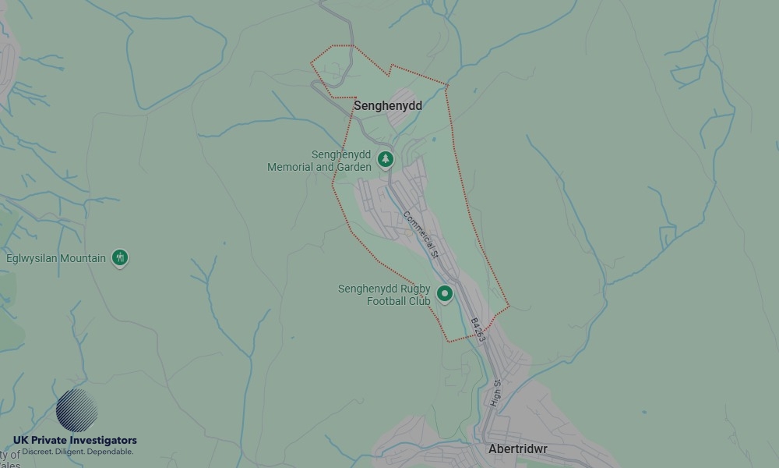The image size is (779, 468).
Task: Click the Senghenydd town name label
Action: pyautogui.click(x=388, y=105)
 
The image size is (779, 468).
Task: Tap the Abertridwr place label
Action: pyautogui.click(x=517, y=449)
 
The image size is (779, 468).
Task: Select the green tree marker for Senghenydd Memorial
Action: pyautogui.click(x=385, y=160)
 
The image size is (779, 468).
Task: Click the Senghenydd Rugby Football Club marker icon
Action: pyautogui.click(x=445, y=294)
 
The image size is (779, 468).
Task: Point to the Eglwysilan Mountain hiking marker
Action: pyautogui.click(x=119, y=257)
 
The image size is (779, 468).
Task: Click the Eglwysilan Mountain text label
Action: pyautogui.click(x=56, y=258)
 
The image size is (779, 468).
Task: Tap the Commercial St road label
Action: pyautogui.click(x=421, y=234)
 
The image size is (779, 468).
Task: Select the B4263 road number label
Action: pyautogui.click(x=478, y=330)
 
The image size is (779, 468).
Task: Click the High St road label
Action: pyautogui.click(x=496, y=394)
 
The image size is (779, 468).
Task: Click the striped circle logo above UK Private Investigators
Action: pyautogui.click(x=76, y=410)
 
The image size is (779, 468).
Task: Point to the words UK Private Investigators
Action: pyautogui.click(x=75, y=441)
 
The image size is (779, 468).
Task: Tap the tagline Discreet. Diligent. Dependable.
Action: pyautogui.click(x=77, y=452)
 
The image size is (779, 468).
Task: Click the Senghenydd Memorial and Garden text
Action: pyautogui.click(x=319, y=161)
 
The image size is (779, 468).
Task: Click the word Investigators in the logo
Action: pyautogui.click(x=104, y=441)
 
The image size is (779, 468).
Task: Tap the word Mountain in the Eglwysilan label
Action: pyautogui.click(x=83, y=258)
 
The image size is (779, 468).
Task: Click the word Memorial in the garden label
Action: pyautogui.click(x=291, y=167)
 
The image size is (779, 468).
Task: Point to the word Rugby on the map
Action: pyautogui.click(x=416, y=289)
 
